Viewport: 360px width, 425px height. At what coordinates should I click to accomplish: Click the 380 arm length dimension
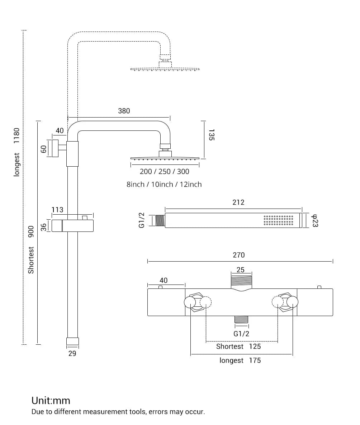(x=124, y=111)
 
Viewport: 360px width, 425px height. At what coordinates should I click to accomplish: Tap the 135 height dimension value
(x=211, y=135)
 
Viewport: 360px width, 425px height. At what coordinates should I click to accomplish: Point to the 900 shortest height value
(x=31, y=231)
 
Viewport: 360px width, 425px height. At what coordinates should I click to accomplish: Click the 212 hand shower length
(x=238, y=202)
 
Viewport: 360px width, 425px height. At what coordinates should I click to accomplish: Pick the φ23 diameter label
(x=315, y=220)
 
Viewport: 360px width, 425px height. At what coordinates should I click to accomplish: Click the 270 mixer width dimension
(x=238, y=255)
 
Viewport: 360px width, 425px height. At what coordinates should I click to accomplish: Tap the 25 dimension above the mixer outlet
(x=241, y=270)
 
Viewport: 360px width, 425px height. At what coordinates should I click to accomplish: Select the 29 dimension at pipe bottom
(x=72, y=354)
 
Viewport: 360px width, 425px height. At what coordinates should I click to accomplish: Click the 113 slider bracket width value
(x=57, y=210)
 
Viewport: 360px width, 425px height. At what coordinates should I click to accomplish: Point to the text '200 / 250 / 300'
(x=164, y=172)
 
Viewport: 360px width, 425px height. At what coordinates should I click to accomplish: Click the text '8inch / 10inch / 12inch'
(x=164, y=185)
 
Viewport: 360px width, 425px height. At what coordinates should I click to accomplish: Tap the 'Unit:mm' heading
(x=51, y=400)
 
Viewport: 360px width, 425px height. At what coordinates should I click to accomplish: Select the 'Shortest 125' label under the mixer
(x=238, y=347)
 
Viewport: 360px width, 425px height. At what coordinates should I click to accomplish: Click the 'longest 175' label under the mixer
(x=240, y=360)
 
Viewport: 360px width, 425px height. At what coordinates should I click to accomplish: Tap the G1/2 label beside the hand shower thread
(x=142, y=220)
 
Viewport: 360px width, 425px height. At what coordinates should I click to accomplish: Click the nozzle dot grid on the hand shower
(x=278, y=220)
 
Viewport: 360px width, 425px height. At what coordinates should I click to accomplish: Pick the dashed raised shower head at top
(x=165, y=68)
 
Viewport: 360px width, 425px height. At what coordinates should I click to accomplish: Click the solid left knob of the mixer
(x=190, y=302)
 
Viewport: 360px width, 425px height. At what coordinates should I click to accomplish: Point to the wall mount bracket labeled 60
(x=55, y=148)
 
